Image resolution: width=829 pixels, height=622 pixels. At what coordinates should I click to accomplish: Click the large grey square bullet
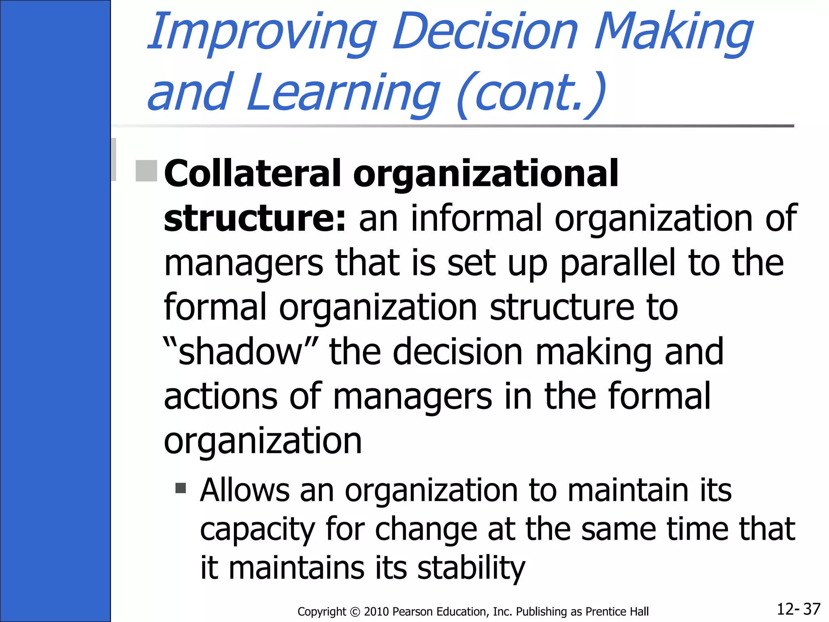point(146,171)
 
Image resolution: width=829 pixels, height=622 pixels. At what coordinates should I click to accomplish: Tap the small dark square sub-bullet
point(181,488)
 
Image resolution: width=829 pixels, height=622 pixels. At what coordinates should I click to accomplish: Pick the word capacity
point(257,530)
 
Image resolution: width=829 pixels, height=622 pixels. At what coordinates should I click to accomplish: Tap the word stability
point(471,568)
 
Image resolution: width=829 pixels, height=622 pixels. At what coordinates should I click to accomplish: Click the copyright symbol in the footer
point(355,611)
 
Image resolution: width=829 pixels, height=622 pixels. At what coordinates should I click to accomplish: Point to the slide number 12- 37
point(798,609)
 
